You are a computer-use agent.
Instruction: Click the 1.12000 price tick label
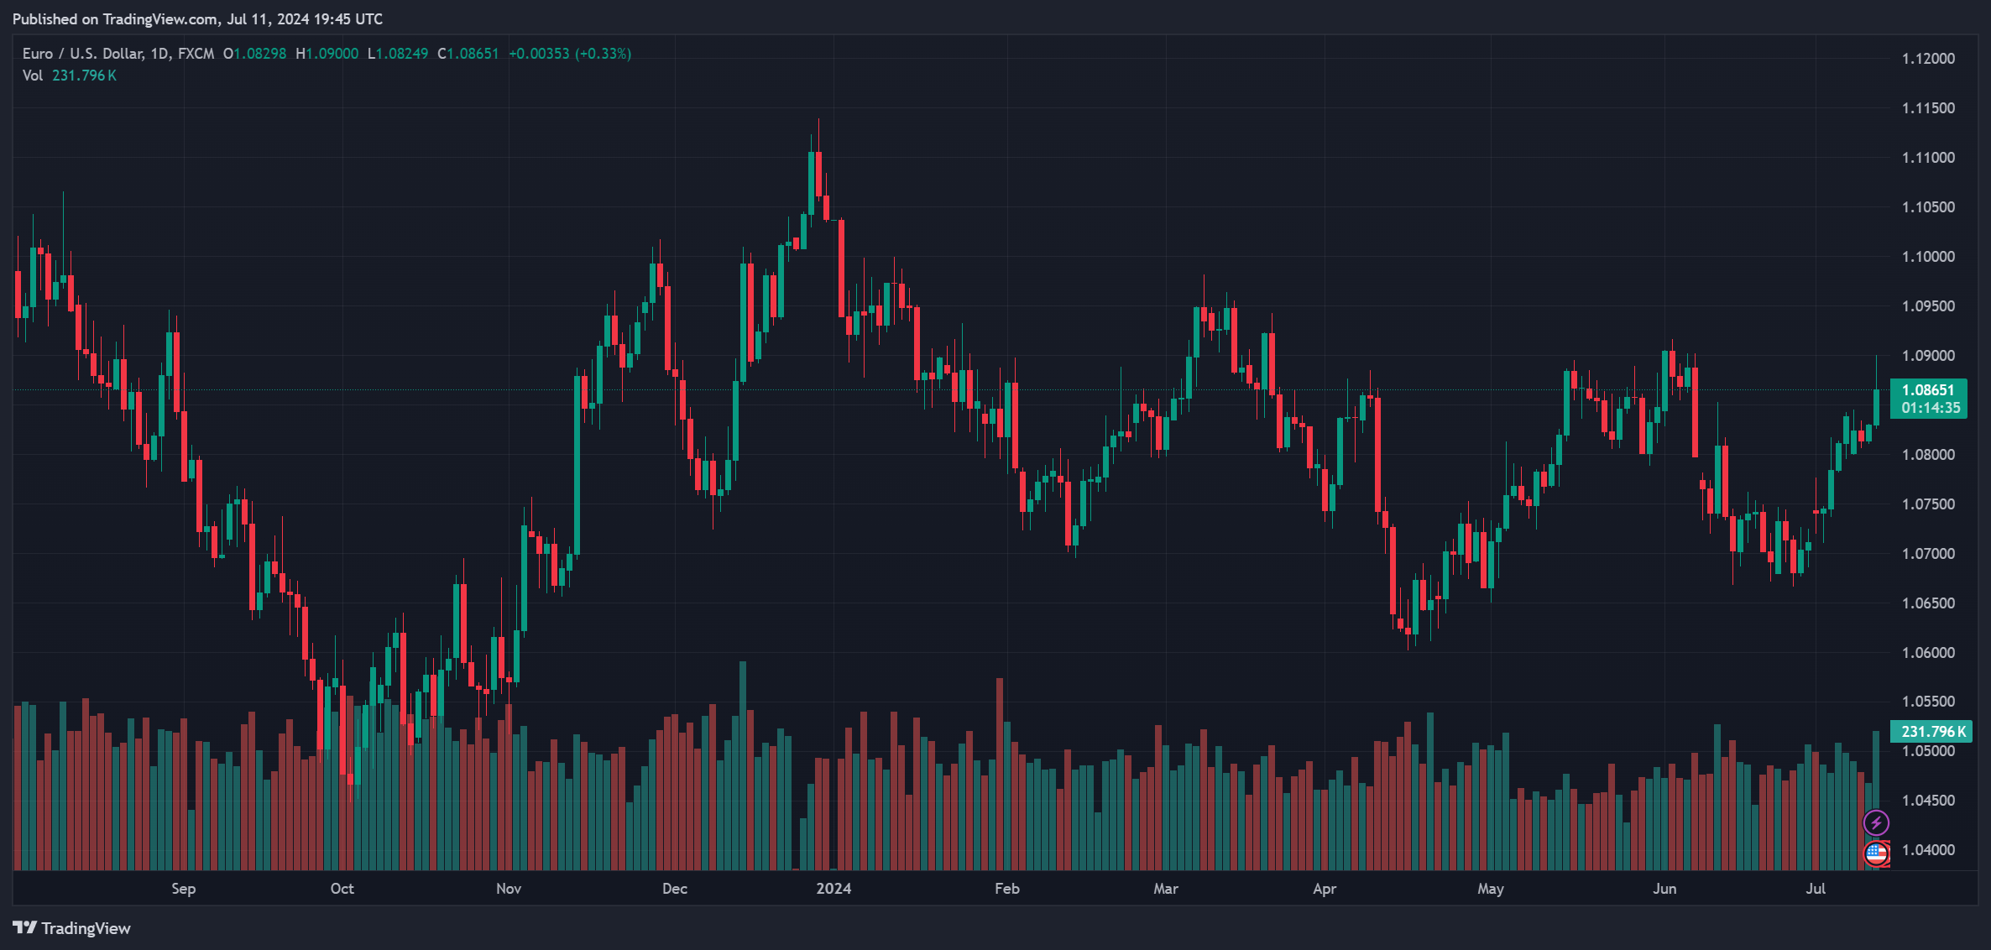click(1928, 59)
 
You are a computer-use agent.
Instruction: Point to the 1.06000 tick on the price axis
click(1928, 652)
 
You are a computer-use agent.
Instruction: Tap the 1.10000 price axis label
click(1928, 257)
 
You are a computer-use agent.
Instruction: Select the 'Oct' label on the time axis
click(342, 888)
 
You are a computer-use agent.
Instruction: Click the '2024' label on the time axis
click(834, 888)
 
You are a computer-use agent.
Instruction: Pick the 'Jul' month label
click(1816, 888)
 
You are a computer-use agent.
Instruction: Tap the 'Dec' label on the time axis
click(675, 888)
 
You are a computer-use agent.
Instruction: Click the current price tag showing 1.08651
click(1928, 390)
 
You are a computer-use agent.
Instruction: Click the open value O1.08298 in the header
click(254, 54)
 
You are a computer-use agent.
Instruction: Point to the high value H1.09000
click(327, 54)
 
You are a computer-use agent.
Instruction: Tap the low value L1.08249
click(398, 54)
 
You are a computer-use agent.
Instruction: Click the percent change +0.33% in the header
click(603, 54)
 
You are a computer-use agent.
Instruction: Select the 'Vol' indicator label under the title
click(33, 76)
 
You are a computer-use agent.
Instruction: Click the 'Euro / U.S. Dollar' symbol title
click(82, 54)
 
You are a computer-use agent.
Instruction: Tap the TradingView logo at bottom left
click(72, 928)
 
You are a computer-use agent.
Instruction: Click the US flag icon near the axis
click(1876, 853)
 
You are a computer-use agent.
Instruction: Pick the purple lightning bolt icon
click(1876, 822)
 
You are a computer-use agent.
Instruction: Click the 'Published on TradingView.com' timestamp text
click(197, 18)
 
